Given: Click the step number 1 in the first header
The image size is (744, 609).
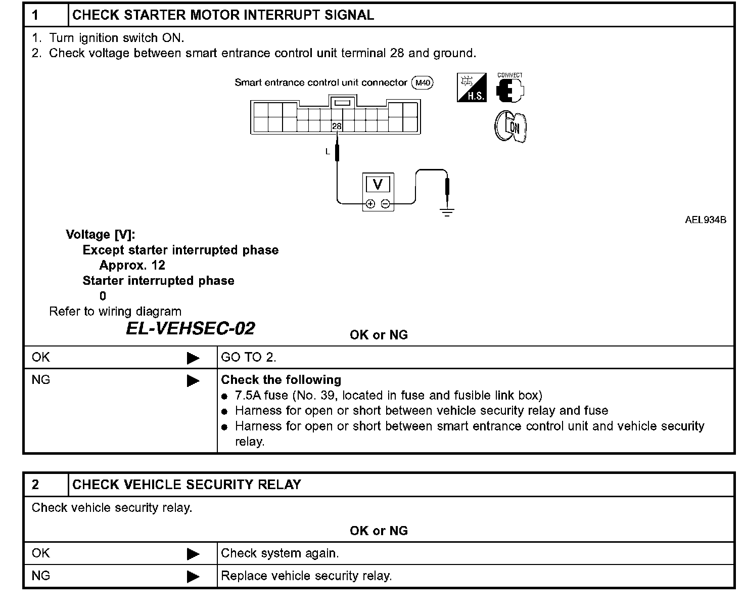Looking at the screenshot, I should click(35, 15).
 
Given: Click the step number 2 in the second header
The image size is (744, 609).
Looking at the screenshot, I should click(35, 485).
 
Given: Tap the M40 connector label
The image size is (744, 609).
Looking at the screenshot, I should click(423, 83).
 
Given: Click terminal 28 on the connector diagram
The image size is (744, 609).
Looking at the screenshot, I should click(337, 126).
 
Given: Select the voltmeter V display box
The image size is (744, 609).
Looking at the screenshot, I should click(378, 185).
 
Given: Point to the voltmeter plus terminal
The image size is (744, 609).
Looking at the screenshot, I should click(370, 204).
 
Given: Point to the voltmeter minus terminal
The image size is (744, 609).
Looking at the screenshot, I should click(386, 204).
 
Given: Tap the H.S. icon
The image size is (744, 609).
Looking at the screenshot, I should click(472, 88).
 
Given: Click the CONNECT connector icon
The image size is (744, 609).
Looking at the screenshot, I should click(510, 89).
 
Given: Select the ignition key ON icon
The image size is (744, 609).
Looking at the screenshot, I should click(510, 126).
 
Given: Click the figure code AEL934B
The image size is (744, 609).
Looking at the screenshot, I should click(706, 220).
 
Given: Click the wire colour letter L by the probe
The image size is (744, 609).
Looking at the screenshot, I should click(328, 151).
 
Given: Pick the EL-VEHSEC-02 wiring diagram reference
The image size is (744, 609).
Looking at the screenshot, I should click(190, 329).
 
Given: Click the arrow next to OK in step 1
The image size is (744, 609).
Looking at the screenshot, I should click(193, 358).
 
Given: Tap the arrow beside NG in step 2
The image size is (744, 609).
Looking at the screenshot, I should click(193, 576).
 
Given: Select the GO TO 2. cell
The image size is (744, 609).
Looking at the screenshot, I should click(249, 358).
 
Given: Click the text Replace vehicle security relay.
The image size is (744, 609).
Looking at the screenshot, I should click(306, 576).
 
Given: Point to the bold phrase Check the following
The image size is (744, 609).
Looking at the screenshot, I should click(281, 380).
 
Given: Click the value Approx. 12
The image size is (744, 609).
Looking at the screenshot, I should click(132, 266).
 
